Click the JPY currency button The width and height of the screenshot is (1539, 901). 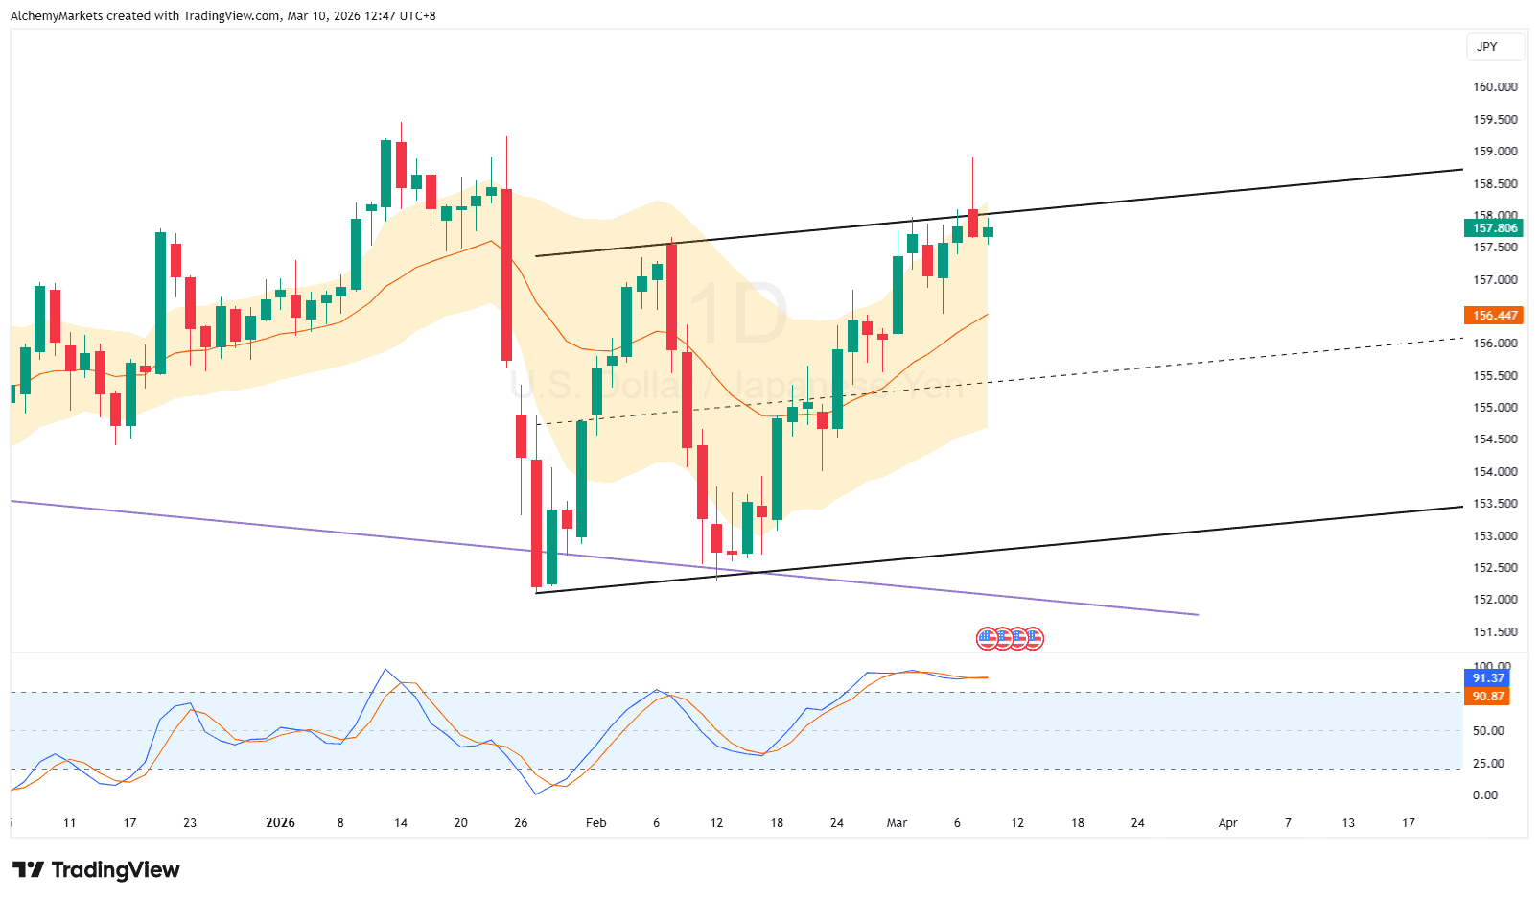1486,47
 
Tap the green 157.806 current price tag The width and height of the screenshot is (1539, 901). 1494,228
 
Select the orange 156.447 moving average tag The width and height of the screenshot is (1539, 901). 1494,316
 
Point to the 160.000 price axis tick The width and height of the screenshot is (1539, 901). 1495,87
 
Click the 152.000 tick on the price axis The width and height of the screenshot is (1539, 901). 1495,600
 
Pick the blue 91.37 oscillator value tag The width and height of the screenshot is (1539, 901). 1488,678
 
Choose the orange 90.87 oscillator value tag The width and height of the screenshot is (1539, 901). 1488,697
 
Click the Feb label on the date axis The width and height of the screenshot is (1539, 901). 596,823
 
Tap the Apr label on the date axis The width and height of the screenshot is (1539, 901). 1227,823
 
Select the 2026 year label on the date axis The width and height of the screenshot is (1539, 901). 280,823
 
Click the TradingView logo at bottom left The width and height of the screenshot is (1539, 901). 96,870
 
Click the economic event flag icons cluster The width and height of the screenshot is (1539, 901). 1010,638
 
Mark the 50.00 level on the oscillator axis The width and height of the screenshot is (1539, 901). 1488,731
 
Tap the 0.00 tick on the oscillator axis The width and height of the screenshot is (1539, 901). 1485,795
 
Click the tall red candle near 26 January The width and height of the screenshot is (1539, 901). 506,274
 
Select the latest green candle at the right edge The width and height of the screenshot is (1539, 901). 988,232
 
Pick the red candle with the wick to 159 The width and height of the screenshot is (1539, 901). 972,223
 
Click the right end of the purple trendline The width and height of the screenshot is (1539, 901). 1198,614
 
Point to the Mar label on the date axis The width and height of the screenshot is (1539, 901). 897,823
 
